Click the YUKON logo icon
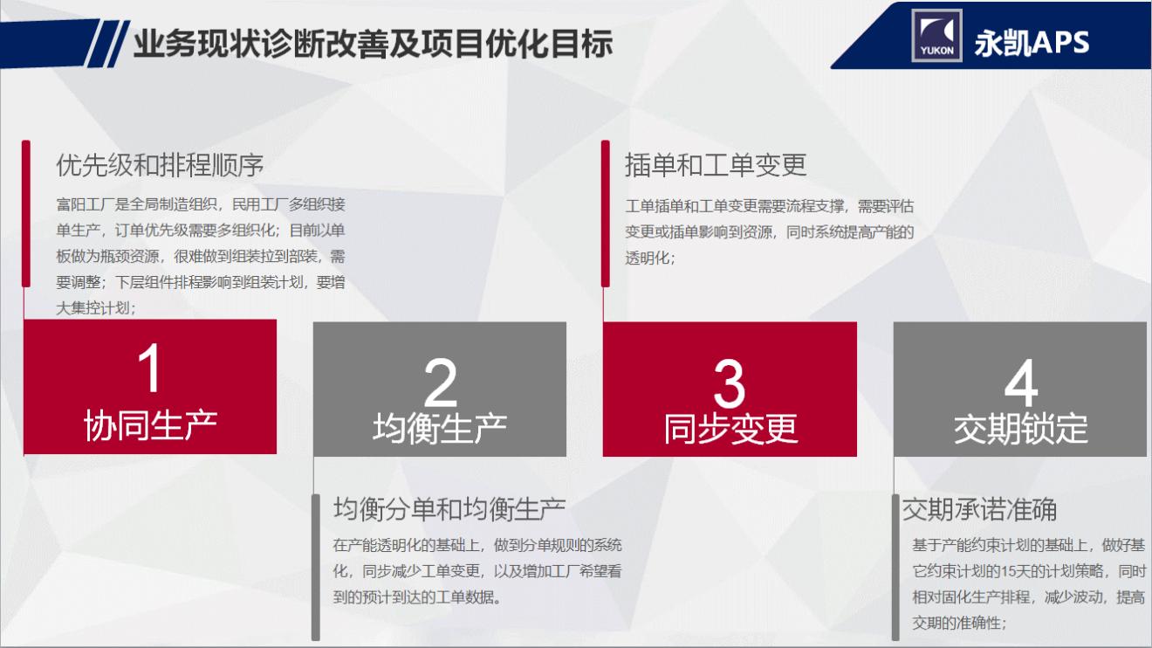tap(936, 36)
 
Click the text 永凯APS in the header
tap(1032, 42)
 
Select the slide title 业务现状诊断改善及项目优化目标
tap(373, 44)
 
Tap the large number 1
tap(150, 369)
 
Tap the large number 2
tap(440, 382)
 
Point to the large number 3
tap(730, 383)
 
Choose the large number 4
tap(1020, 383)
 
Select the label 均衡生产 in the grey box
tap(440, 429)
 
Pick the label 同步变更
tap(730, 429)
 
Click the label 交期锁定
tap(1020, 429)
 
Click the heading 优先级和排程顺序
tap(160, 165)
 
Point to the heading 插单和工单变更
tap(716, 165)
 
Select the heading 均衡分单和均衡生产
tap(449, 508)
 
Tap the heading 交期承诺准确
tap(979, 509)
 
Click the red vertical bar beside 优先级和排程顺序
tap(26, 213)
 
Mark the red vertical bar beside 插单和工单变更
tap(605, 213)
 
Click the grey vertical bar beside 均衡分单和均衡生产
tap(316, 567)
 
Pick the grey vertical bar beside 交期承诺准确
tap(895, 567)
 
